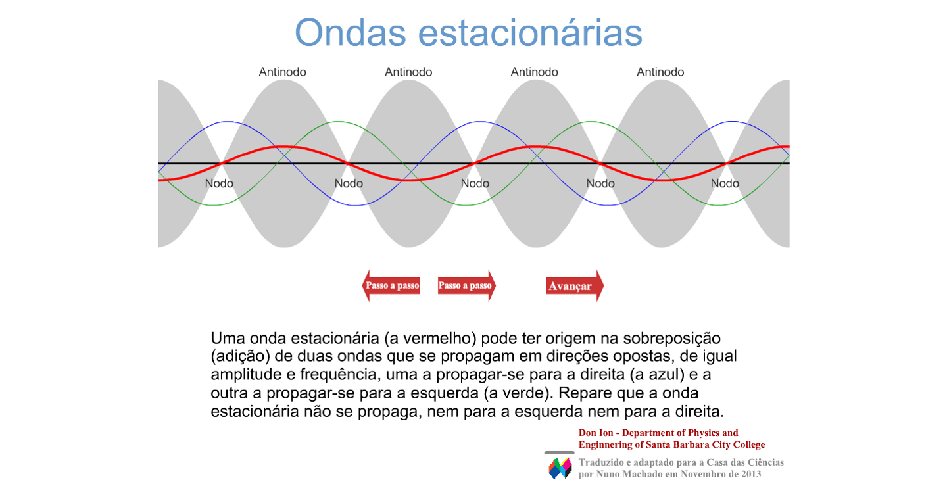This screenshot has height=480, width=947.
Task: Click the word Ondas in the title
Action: tap(351, 33)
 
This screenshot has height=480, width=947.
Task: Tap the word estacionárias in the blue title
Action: tap(530, 33)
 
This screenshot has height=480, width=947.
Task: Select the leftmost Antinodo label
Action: tap(282, 72)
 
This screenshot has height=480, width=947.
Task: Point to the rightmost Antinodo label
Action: tap(660, 72)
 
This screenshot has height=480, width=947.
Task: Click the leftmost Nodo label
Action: tap(219, 183)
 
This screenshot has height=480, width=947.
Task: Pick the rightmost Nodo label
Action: tap(725, 183)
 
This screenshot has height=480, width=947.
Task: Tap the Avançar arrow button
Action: tap(575, 286)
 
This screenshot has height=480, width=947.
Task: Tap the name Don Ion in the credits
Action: tap(596, 433)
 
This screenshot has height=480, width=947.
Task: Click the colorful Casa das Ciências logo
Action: tap(560, 468)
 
